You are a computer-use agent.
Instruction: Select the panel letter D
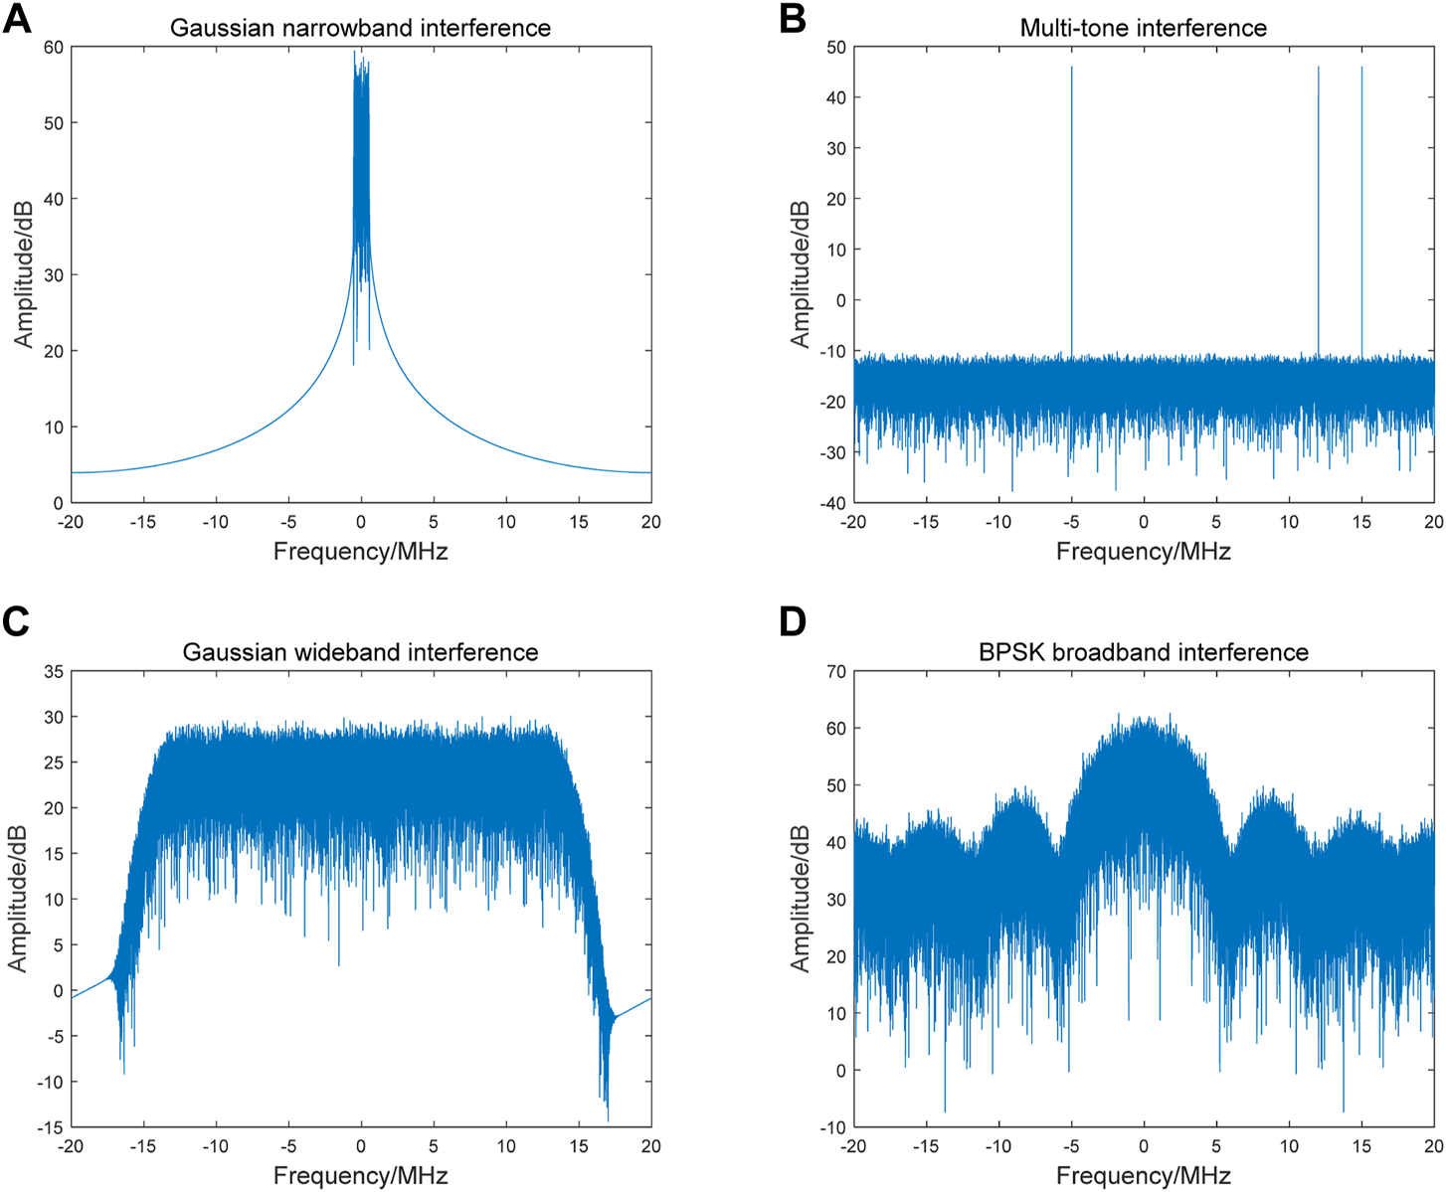click(x=793, y=621)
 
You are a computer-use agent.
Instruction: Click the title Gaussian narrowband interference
click(x=360, y=28)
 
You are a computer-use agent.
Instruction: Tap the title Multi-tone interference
click(x=1143, y=28)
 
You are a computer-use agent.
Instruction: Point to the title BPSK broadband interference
click(x=1143, y=652)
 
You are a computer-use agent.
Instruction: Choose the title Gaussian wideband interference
click(x=360, y=652)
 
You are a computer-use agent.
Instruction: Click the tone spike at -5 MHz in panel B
click(x=1071, y=199)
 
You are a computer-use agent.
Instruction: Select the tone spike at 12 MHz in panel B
click(x=1318, y=199)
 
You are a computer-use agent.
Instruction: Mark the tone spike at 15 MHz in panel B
click(x=1361, y=199)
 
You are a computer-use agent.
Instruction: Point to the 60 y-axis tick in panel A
click(x=53, y=47)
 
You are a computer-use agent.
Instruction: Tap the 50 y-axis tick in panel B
click(x=835, y=47)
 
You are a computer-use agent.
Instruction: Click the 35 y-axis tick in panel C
click(x=53, y=672)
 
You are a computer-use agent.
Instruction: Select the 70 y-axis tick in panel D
click(x=835, y=672)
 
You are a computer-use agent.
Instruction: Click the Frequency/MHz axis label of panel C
click(x=360, y=1176)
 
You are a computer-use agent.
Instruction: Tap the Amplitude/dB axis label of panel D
click(x=800, y=899)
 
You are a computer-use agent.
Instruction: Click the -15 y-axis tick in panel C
click(x=49, y=1127)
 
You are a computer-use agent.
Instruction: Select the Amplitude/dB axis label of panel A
click(x=23, y=274)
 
